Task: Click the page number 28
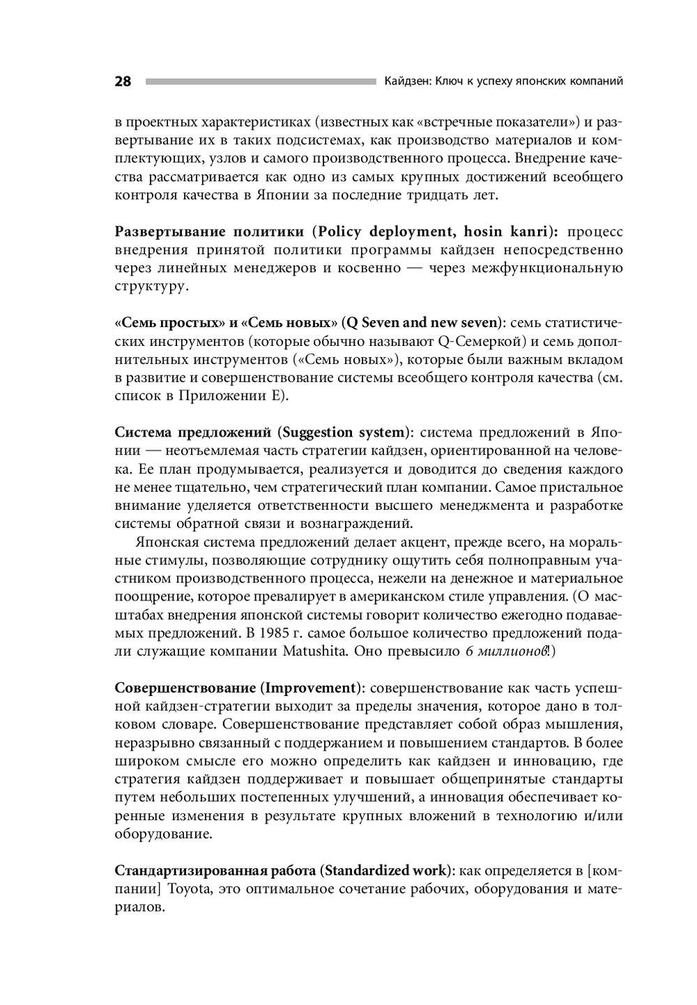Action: pyautogui.click(x=123, y=82)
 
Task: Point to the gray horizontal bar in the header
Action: pyautogui.click(x=260, y=82)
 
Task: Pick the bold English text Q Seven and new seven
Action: pyautogui.click(x=422, y=323)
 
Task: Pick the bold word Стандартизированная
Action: pyautogui.click(x=192, y=870)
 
